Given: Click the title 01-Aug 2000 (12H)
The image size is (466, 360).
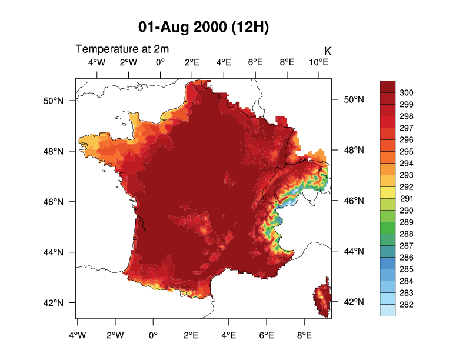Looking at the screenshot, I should pyautogui.click(x=204, y=27).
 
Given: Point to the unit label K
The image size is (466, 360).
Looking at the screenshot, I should pyautogui.click(x=328, y=52).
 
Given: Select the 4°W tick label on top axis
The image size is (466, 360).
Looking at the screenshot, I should pyautogui.click(x=96, y=62).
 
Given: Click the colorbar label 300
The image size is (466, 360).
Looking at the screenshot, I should pyautogui.click(x=407, y=93).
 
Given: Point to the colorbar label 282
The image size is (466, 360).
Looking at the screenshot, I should pyautogui.click(x=407, y=305).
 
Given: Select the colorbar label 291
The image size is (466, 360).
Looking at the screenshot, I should pyautogui.click(x=407, y=199).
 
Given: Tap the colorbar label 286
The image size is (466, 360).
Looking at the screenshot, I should pyautogui.click(x=407, y=258).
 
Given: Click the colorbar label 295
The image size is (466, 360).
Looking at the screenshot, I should pyautogui.click(x=407, y=152).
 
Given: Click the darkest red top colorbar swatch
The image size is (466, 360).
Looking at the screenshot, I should pyautogui.click(x=387, y=86).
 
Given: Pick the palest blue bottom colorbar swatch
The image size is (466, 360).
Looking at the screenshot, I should pyautogui.click(x=387, y=311).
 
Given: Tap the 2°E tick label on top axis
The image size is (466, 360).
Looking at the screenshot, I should pyautogui.click(x=192, y=62).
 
